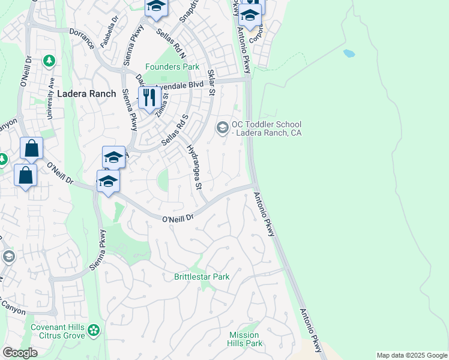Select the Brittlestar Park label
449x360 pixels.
pyautogui.click(x=202, y=277)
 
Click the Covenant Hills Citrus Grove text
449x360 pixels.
pyautogui.click(x=58, y=331)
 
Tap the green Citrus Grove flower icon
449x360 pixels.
pyautogui.click(x=93, y=330)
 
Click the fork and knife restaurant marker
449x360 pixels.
pyautogui.click(x=148, y=98)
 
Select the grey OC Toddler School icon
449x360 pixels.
pyautogui.click(x=222, y=127)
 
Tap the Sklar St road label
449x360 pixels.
pyautogui.click(x=211, y=82)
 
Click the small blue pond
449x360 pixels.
pyautogui.click(x=349, y=53)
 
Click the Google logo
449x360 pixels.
pyautogui.click(x=20, y=353)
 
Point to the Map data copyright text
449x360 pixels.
pyautogui.click(x=411, y=355)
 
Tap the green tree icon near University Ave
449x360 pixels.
pyautogui.click(x=49, y=61)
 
